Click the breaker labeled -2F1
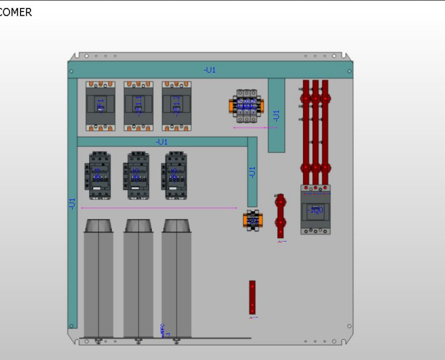[100, 106]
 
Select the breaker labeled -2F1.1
[139, 106]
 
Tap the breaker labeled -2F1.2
[176, 106]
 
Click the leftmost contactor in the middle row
[98, 175]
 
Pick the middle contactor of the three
[136, 175]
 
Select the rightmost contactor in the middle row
[174, 175]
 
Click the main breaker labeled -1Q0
[315, 209]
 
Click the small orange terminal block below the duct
[252, 220]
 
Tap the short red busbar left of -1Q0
[281, 216]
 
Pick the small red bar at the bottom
[252, 297]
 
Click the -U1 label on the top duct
[210, 70]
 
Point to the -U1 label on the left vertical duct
[72, 204]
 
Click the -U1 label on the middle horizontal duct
[162, 142]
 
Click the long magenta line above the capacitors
[158, 208]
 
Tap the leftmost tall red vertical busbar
[306, 132]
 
